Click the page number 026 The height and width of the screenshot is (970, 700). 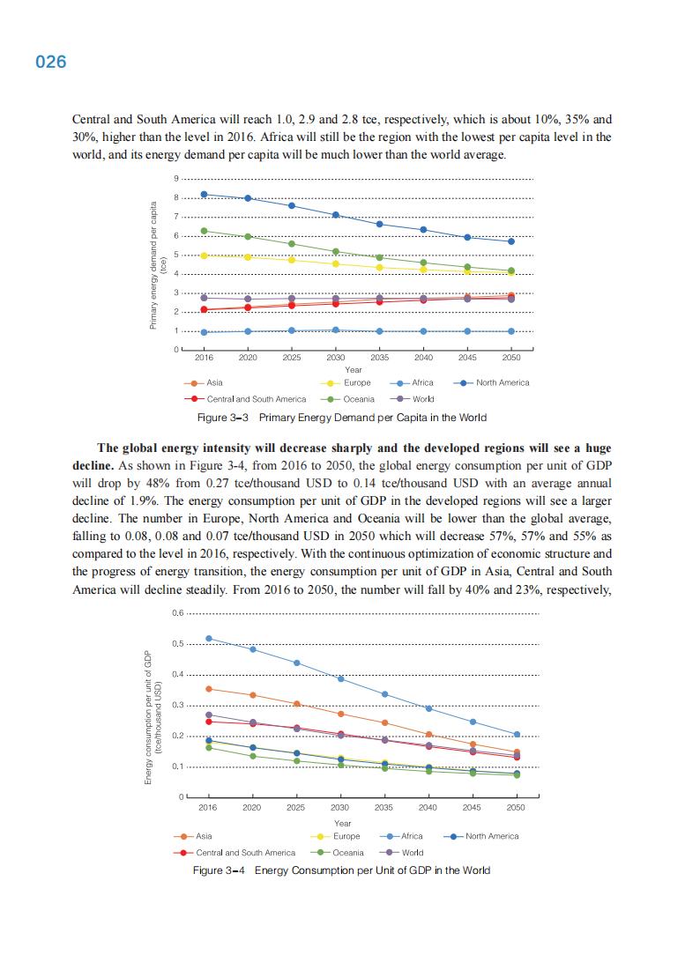pyautogui.click(x=51, y=63)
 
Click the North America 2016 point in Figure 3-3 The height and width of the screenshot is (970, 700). pyautogui.click(x=204, y=194)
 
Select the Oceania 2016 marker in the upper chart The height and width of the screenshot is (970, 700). pyautogui.click(x=204, y=231)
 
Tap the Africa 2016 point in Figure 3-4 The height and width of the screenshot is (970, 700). pyautogui.click(x=208, y=638)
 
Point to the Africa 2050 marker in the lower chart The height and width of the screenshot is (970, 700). pyautogui.click(x=517, y=734)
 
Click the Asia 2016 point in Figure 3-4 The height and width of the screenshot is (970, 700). pyautogui.click(x=208, y=688)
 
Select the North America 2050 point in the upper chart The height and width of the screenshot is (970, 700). pyautogui.click(x=511, y=241)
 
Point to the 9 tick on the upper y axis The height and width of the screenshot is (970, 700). pyautogui.click(x=176, y=180)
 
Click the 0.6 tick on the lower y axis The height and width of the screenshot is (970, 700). pyautogui.click(x=177, y=613)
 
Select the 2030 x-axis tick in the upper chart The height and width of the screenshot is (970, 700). pyautogui.click(x=335, y=359)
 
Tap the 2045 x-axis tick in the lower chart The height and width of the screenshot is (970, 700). pyautogui.click(x=472, y=807)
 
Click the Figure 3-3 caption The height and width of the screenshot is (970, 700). pyautogui.click(x=340, y=418)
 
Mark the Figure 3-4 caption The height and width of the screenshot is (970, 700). pyautogui.click(x=341, y=870)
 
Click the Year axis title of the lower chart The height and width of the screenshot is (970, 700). pyautogui.click(x=343, y=823)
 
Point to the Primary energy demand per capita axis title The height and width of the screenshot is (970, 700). pyautogui.click(x=156, y=265)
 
